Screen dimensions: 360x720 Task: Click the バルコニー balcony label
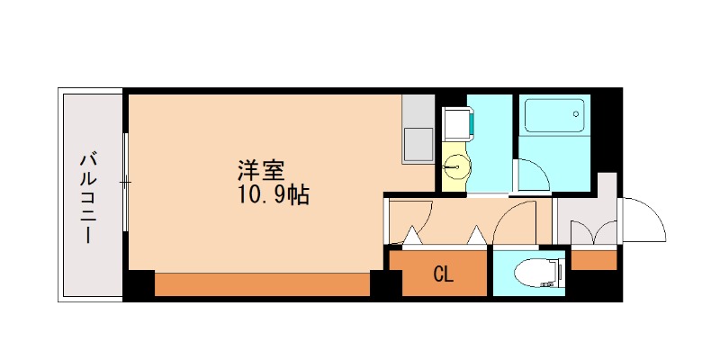(89, 199)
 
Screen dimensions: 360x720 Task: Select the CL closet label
(443, 274)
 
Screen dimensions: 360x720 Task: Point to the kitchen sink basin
(418, 143)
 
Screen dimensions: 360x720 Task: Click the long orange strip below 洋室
(262, 283)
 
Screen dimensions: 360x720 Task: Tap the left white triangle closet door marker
(411, 237)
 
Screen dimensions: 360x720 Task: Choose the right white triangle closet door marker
(476, 237)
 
